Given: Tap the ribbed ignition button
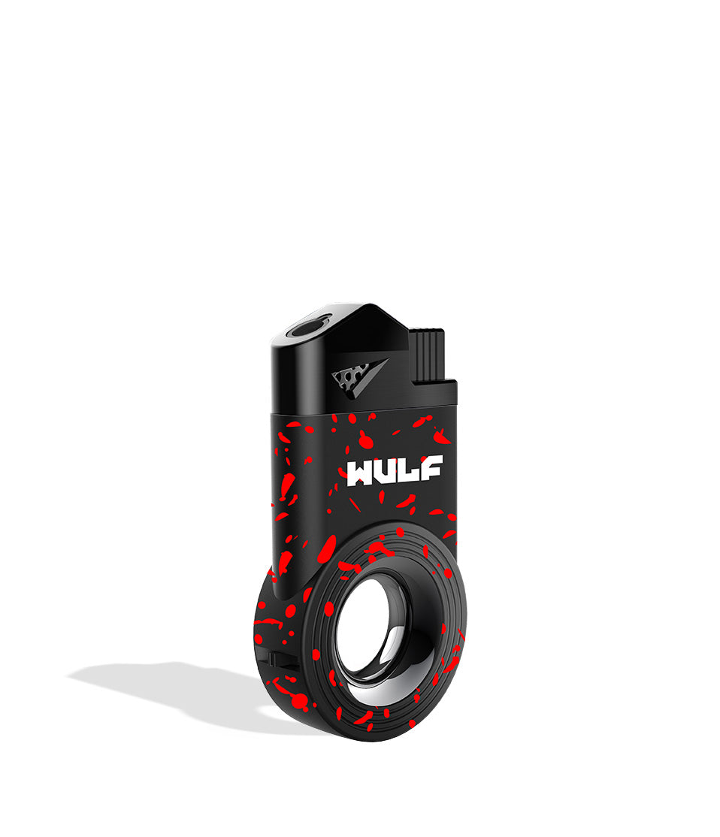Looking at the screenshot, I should (426, 355).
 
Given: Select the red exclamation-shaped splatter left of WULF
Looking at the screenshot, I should (285, 488).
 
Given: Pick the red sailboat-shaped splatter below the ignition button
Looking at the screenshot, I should (440, 437).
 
